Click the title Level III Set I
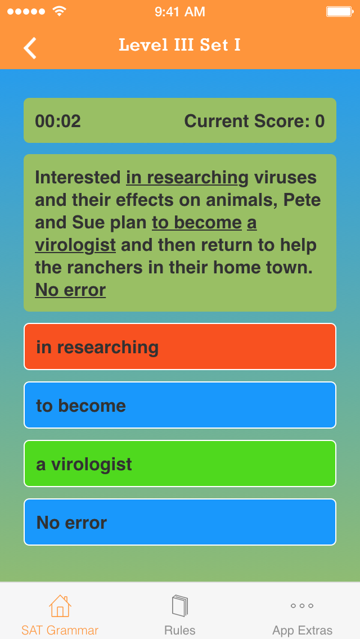179,45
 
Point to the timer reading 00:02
58,121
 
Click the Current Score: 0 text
254,121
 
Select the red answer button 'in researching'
180,346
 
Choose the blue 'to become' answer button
180,405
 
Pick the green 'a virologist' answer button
180,463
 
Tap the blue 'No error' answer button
180,522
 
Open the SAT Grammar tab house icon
60,606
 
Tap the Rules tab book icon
180,606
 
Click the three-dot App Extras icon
302,606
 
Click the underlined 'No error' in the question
70,290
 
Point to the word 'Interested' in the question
78,178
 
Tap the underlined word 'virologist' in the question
75,245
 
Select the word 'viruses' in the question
285,178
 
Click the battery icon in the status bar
339,11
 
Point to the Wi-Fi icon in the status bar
58,11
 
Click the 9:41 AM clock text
180,11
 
